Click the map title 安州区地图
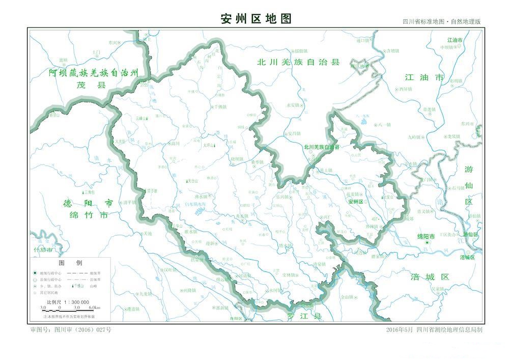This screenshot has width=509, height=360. (256, 19)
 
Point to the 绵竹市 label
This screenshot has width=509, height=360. (89, 215)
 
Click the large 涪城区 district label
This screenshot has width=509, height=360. (430, 277)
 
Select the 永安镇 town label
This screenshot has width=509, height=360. (294, 105)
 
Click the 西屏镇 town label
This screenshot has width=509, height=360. (406, 89)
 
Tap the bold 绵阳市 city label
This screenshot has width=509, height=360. (426, 237)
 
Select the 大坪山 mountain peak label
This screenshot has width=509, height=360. (209, 145)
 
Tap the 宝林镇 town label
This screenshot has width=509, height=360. (288, 275)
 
